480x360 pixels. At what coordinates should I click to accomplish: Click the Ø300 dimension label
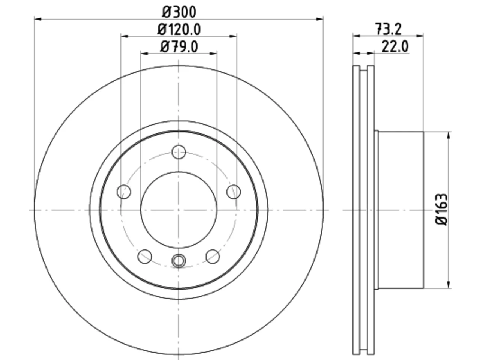pos(179,12)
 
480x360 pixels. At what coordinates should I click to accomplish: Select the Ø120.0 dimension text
pos(179,30)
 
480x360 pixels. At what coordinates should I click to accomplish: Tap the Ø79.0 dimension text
pos(179,47)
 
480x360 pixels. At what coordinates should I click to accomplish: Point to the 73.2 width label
pos(388,29)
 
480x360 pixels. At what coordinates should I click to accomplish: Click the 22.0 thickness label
pos(395,46)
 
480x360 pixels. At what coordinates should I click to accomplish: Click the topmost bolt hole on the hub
pos(178,152)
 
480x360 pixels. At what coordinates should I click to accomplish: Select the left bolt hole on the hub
pos(124,192)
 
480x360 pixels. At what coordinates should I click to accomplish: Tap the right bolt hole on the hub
pos(234,192)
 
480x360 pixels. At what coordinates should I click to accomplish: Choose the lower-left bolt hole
pos(145,256)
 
